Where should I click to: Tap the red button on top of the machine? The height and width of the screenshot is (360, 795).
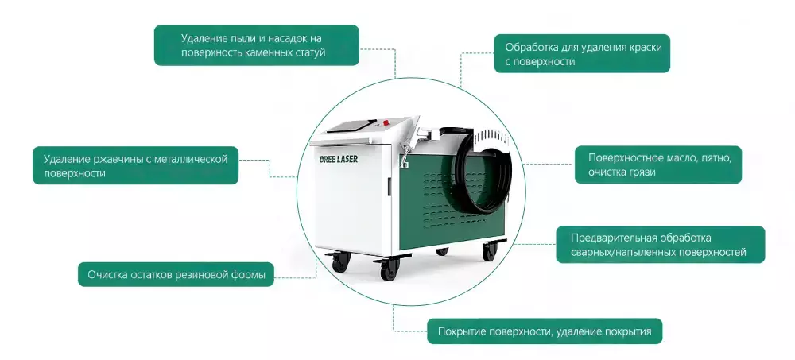[x=384, y=123]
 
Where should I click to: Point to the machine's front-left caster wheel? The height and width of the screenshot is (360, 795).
[x=340, y=261]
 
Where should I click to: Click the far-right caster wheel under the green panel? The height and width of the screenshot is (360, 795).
[x=488, y=251]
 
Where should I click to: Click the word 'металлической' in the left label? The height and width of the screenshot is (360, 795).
[x=192, y=159]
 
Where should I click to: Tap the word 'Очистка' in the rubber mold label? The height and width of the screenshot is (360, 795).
[x=109, y=276]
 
